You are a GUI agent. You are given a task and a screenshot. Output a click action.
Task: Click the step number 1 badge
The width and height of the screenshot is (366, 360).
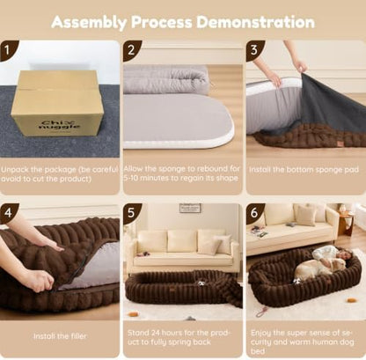7,50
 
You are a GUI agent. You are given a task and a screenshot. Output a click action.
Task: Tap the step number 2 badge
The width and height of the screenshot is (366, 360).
131,50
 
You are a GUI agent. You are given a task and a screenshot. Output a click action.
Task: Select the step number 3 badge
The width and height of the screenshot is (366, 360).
254,50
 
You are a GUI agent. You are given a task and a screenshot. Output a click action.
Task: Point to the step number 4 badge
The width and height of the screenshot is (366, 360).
7,213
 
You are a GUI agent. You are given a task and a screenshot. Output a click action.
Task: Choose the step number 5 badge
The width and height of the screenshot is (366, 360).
131,213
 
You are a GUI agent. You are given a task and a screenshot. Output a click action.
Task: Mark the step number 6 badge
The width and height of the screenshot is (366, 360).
254,213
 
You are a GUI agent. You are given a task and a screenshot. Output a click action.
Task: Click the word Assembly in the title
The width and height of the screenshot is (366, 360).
89,23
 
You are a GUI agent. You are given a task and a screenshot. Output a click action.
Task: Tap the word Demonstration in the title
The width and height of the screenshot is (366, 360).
255,22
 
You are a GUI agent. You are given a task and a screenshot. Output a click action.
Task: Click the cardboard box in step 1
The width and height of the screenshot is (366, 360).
57,103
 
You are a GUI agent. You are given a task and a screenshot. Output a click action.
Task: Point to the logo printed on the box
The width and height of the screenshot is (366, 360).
60,124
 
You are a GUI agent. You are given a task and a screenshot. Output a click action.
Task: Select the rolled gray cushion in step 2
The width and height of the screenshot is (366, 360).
166,79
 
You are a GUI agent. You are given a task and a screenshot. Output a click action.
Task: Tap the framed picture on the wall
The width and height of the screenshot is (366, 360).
190,208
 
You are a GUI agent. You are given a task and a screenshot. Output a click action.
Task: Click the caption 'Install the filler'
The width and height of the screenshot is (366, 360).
60,336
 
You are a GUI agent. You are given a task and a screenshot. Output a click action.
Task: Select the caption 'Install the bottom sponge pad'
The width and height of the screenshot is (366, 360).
304,170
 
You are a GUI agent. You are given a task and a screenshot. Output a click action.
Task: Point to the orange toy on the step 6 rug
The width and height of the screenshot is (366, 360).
351,300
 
